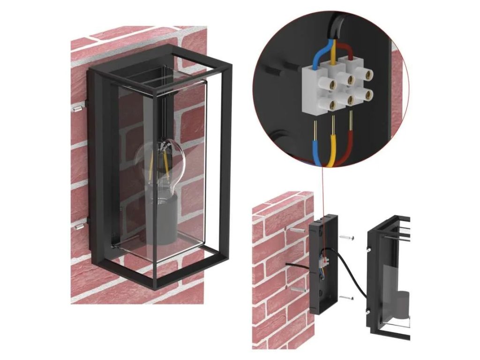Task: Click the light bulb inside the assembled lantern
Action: pos(159,162)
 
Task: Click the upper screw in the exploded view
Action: pos(346,238)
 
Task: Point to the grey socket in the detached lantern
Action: pos(401,305)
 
